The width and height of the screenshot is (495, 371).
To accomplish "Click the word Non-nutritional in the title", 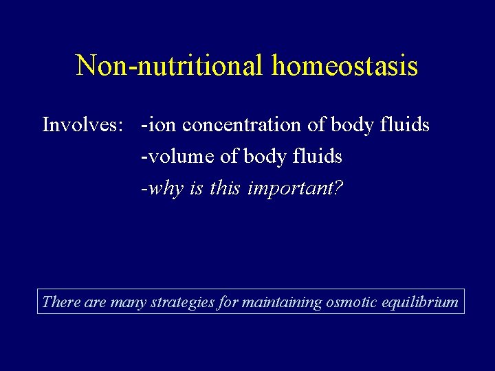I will tap(170, 66).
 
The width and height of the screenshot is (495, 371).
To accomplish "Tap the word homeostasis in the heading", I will tap(344, 66).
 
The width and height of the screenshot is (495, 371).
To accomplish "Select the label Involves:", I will tap(82, 125).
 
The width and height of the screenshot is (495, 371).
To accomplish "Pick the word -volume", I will tap(178, 157).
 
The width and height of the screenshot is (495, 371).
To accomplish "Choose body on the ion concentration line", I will tap(350, 125).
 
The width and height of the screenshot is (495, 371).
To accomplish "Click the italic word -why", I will tap(159, 188).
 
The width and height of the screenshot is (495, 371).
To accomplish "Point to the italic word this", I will tap(225, 188).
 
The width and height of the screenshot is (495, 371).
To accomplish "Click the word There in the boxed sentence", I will tap(61, 302).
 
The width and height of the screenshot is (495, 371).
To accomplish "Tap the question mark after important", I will tap(338, 188).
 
